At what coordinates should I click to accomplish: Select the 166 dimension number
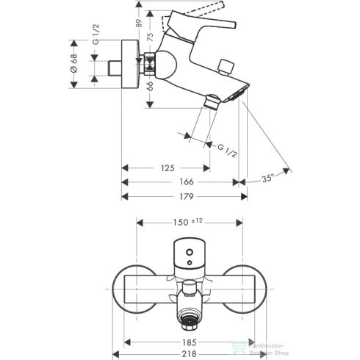point(186,182)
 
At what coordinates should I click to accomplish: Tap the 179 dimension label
point(186,196)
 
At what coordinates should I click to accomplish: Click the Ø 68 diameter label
point(73,62)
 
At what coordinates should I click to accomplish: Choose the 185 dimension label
point(190,342)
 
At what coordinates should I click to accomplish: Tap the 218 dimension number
point(190,353)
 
